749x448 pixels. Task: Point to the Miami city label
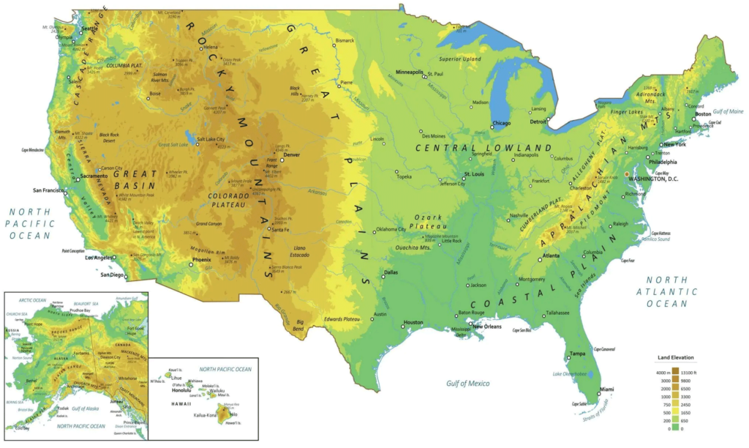coord(606,388)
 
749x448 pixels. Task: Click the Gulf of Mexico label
coord(468,383)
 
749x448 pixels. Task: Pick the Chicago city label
coord(501,123)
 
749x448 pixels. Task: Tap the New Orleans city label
coord(487,326)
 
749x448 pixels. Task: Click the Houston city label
coord(413,322)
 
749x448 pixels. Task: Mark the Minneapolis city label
coord(410,72)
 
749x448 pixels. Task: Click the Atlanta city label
coord(552,256)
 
